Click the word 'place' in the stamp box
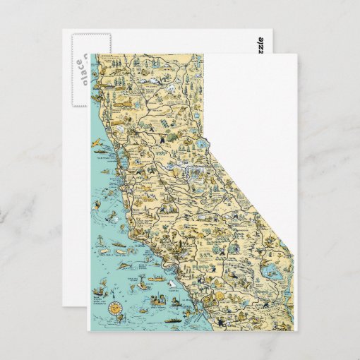pyautogui.click(x=80, y=69)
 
